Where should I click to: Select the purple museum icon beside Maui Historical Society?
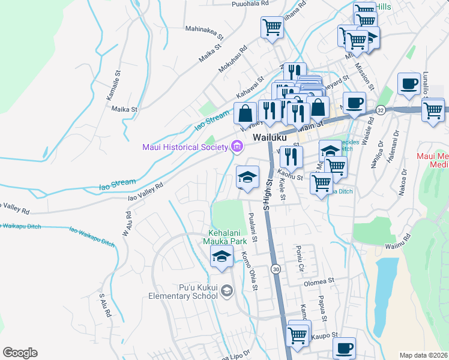tap(236, 146)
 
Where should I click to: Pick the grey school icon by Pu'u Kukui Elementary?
tap(226, 291)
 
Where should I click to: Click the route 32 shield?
tap(381, 110)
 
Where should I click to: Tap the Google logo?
tap(20, 352)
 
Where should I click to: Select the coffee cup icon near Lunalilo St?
tap(409, 84)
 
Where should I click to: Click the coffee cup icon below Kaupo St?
tap(344, 348)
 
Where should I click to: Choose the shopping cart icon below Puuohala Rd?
tap(272, 28)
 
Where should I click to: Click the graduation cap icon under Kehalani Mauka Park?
tap(221, 257)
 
